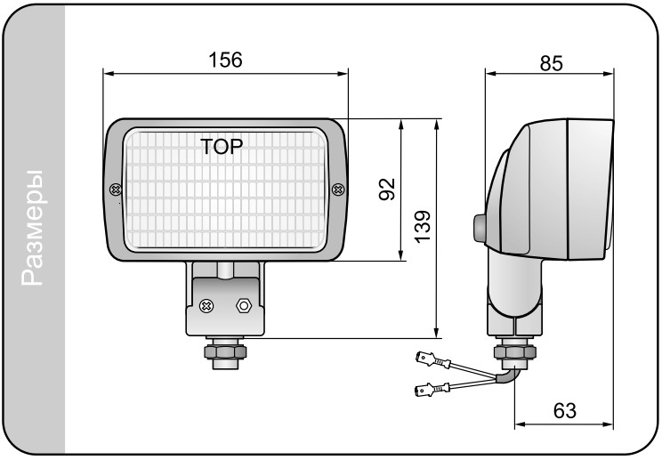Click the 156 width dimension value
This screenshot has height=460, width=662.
[x=225, y=60]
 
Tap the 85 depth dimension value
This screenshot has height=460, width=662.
[x=551, y=63]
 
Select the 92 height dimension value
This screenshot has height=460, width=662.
[x=387, y=189]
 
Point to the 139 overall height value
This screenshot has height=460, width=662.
[x=422, y=227]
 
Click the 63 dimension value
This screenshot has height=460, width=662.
[x=564, y=411]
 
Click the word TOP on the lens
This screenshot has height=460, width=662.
[x=222, y=147]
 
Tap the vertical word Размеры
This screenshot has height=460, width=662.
[x=33, y=228]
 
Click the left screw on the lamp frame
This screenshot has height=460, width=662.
[x=116, y=190]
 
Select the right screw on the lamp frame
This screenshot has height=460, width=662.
[x=338, y=190]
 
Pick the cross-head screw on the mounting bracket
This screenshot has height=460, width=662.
[x=206, y=305]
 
